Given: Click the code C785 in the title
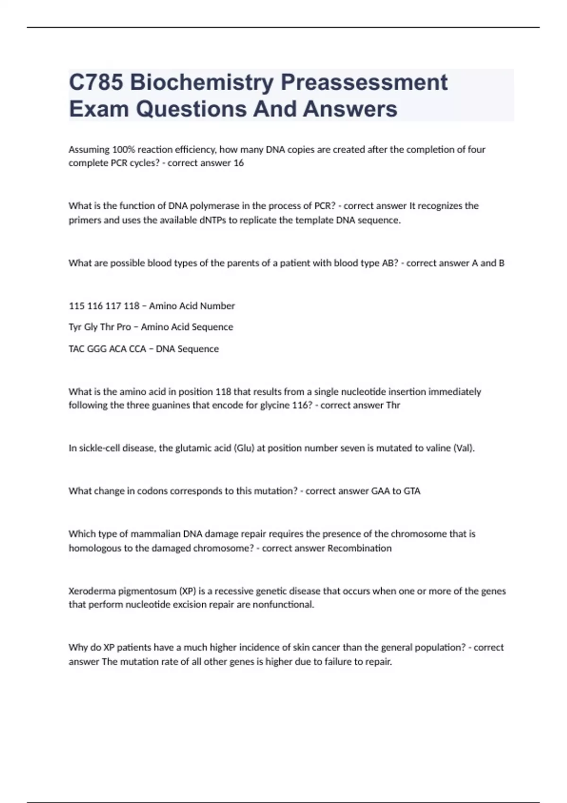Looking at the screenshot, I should (x=96, y=82).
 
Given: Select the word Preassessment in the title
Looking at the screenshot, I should (x=364, y=82).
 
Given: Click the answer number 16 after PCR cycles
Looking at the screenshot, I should (x=239, y=163).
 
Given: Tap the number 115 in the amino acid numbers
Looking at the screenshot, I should (x=76, y=306).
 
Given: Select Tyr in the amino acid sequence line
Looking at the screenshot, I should (x=75, y=327).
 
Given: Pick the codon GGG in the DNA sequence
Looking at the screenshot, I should (x=96, y=349).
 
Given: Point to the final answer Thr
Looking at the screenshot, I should (x=393, y=405).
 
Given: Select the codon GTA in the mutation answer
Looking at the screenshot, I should (x=412, y=491).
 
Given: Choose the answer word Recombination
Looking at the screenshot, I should (x=360, y=548).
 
